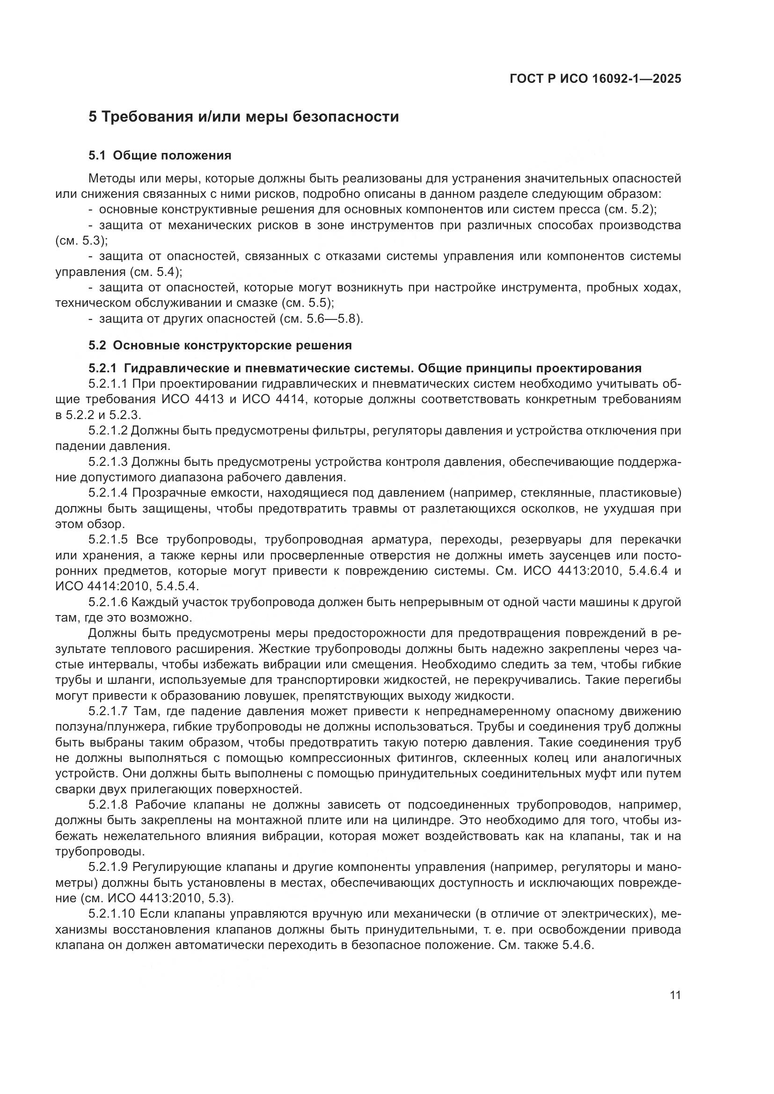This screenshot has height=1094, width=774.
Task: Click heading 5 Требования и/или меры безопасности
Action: tap(243, 117)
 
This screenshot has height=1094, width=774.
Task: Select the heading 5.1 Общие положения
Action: tap(160, 155)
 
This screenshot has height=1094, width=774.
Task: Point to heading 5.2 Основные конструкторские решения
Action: tap(220, 345)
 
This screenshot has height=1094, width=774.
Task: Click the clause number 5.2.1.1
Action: tap(108, 384)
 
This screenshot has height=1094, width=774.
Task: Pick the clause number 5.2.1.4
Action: tap(108, 493)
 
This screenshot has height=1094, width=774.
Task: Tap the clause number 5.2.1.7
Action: tap(108, 711)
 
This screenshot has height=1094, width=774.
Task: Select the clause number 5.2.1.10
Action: tap(111, 914)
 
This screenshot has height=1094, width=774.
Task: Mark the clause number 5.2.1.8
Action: tap(108, 805)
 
